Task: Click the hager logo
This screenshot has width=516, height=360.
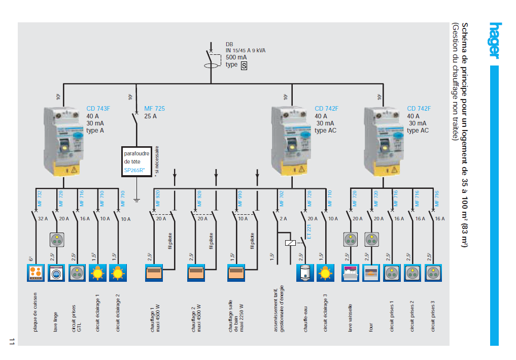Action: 495,41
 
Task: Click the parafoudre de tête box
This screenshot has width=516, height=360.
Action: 137,161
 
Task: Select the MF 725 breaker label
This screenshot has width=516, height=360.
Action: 154,109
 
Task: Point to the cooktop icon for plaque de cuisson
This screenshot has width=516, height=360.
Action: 36,273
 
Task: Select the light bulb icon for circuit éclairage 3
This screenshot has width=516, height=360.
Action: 325,273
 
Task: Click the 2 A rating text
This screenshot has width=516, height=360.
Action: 284,219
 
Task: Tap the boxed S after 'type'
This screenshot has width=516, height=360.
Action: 244,66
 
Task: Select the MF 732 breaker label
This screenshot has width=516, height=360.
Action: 40,197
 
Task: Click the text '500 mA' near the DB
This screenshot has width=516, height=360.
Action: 236,57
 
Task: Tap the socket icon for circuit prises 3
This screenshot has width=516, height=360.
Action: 433,273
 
